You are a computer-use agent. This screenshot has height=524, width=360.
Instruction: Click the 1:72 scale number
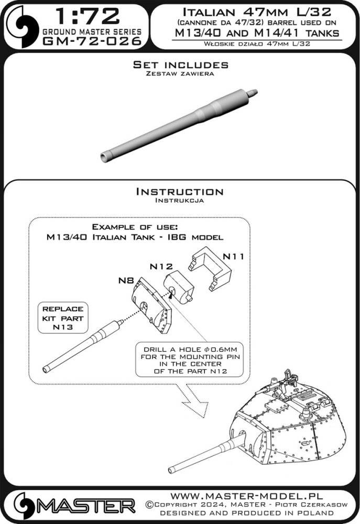(x=88, y=16)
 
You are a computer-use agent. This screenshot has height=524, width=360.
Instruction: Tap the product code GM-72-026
(x=92, y=41)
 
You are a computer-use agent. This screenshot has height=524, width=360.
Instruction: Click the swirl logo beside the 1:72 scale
(x=21, y=26)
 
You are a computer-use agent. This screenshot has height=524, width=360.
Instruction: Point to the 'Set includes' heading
(x=180, y=64)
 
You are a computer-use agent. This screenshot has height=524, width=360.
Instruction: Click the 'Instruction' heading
(x=180, y=191)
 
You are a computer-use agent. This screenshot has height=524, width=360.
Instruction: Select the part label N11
(x=233, y=257)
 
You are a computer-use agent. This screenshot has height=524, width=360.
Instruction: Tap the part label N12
(x=161, y=266)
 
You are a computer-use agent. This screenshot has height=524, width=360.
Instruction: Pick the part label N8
(x=126, y=280)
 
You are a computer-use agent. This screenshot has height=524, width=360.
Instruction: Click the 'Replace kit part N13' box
(x=63, y=318)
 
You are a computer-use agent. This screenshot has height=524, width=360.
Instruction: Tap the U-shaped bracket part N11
(x=210, y=269)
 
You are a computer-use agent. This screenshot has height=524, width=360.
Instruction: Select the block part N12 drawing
(x=179, y=287)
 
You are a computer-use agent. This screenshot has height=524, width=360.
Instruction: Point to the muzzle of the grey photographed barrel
(x=105, y=157)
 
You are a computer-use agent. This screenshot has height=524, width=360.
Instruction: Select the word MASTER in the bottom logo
(x=86, y=506)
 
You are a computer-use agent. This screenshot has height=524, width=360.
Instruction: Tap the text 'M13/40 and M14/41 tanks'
(x=257, y=32)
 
